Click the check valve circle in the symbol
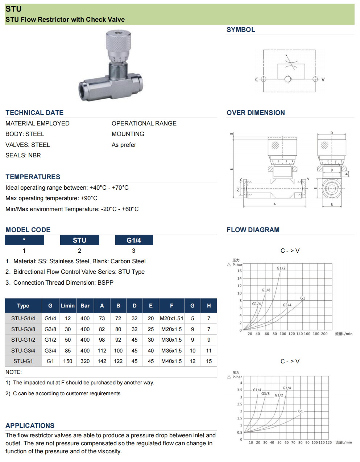tap(287, 79)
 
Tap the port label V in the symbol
tap(323, 79)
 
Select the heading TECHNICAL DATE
tap(34, 113)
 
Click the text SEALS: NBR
tap(23, 155)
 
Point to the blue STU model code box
tap(79, 240)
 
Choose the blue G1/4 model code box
tap(134, 240)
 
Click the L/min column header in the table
tap(67, 306)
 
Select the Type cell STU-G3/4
tap(23, 351)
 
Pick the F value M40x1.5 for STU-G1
tap(171, 361)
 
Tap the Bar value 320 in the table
tap(85, 361)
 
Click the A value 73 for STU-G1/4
tap(102, 318)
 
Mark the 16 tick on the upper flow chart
tap(239, 271)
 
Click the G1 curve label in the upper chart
tap(303, 298)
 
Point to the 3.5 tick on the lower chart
tap(239, 390)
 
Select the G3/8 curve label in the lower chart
tap(265, 393)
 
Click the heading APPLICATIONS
tap(30, 426)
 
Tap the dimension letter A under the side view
tap(274, 204)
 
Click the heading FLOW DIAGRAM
tap(253, 230)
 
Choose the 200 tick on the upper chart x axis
tap(324, 334)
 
